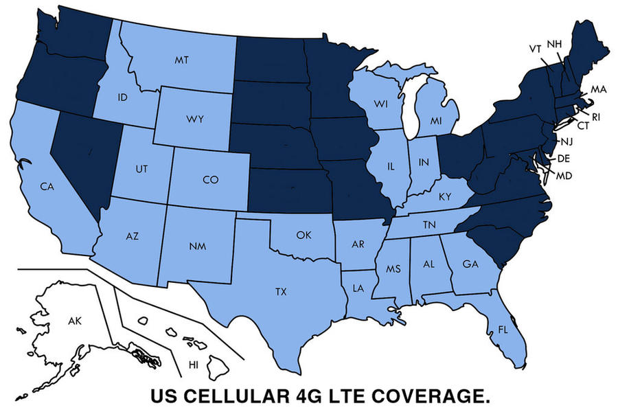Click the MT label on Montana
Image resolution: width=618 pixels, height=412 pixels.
coord(181,60)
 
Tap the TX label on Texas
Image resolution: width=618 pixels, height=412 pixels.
coord(281,292)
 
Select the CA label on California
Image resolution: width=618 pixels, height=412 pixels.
coord(47,186)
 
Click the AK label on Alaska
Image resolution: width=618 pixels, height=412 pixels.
coord(75,321)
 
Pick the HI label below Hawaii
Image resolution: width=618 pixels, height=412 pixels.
coord(194,363)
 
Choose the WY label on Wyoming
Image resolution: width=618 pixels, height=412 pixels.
coord(194,119)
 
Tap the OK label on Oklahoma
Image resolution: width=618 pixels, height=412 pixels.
coord(304,235)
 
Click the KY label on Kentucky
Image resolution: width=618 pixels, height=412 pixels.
coord(445,197)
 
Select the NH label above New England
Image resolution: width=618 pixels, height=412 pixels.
coord(554,44)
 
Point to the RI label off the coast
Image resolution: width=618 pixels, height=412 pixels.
coord(595,117)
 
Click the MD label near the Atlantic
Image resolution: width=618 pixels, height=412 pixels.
coord(564,176)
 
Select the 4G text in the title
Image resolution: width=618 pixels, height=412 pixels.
coord(308,396)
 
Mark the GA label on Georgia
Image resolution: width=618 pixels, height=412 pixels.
coord(470,264)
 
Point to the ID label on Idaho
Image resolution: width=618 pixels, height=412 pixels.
coord(123,98)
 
